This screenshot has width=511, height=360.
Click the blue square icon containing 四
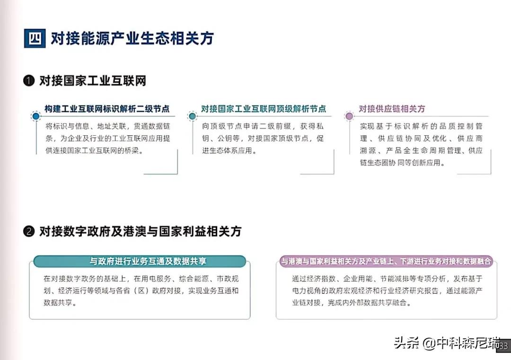click(x=35, y=38)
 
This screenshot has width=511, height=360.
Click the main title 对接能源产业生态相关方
click(x=132, y=38)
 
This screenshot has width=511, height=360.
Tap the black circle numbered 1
click(x=29, y=80)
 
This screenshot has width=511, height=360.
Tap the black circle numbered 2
click(x=29, y=231)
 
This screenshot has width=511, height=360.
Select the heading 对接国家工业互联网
click(x=93, y=80)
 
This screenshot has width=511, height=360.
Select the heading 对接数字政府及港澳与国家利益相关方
click(x=141, y=231)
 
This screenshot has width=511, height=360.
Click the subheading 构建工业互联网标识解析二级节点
click(x=107, y=109)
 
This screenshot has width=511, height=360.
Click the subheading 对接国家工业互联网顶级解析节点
click(x=264, y=109)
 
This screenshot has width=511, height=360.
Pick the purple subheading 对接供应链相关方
click(x=392, y=109)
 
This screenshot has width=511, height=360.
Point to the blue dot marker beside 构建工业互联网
click(x=36, y=116)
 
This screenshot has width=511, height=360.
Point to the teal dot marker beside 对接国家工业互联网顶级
click(x=192, y=116)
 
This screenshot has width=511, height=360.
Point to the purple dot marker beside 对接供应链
click(x=349, y=116)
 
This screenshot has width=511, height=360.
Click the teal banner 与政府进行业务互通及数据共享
click(x=140, y=261)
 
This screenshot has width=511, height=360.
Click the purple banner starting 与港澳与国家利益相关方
click(x=386, y=261)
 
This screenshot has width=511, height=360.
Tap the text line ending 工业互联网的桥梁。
click(x=94, y=150)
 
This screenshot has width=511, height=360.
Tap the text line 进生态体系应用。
click(x=229, y=150)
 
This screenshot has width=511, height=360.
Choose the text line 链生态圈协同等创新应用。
click(x=403, y=163)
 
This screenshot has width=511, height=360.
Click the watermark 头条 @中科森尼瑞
click(x=447, y=342)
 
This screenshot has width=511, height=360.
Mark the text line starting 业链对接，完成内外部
click(x=352, y=303)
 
